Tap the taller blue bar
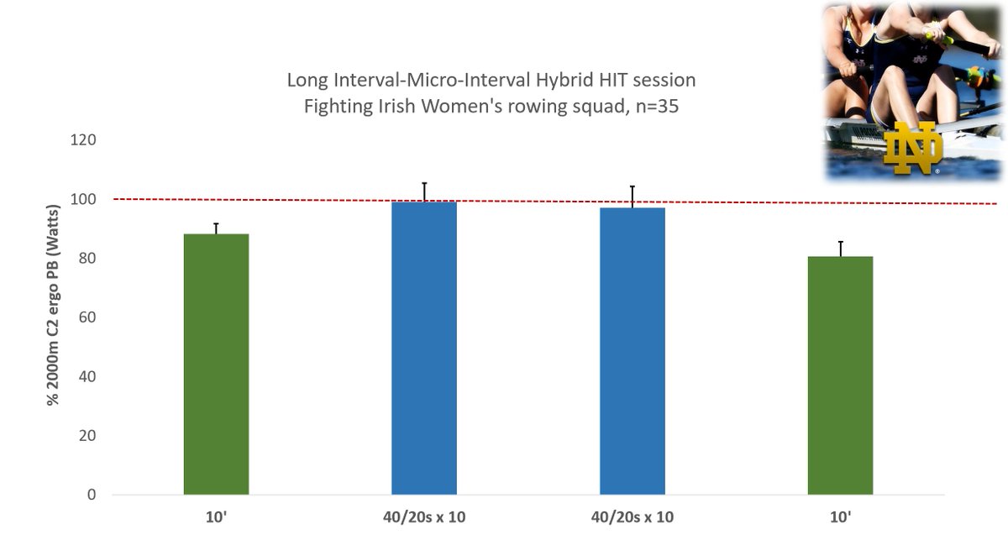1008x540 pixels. coord(424,348)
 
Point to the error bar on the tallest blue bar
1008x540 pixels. coord(424,191)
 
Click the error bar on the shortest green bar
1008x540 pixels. coord(840,249)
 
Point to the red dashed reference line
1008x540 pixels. coord(538,201)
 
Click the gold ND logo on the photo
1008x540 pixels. coord(913,149)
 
